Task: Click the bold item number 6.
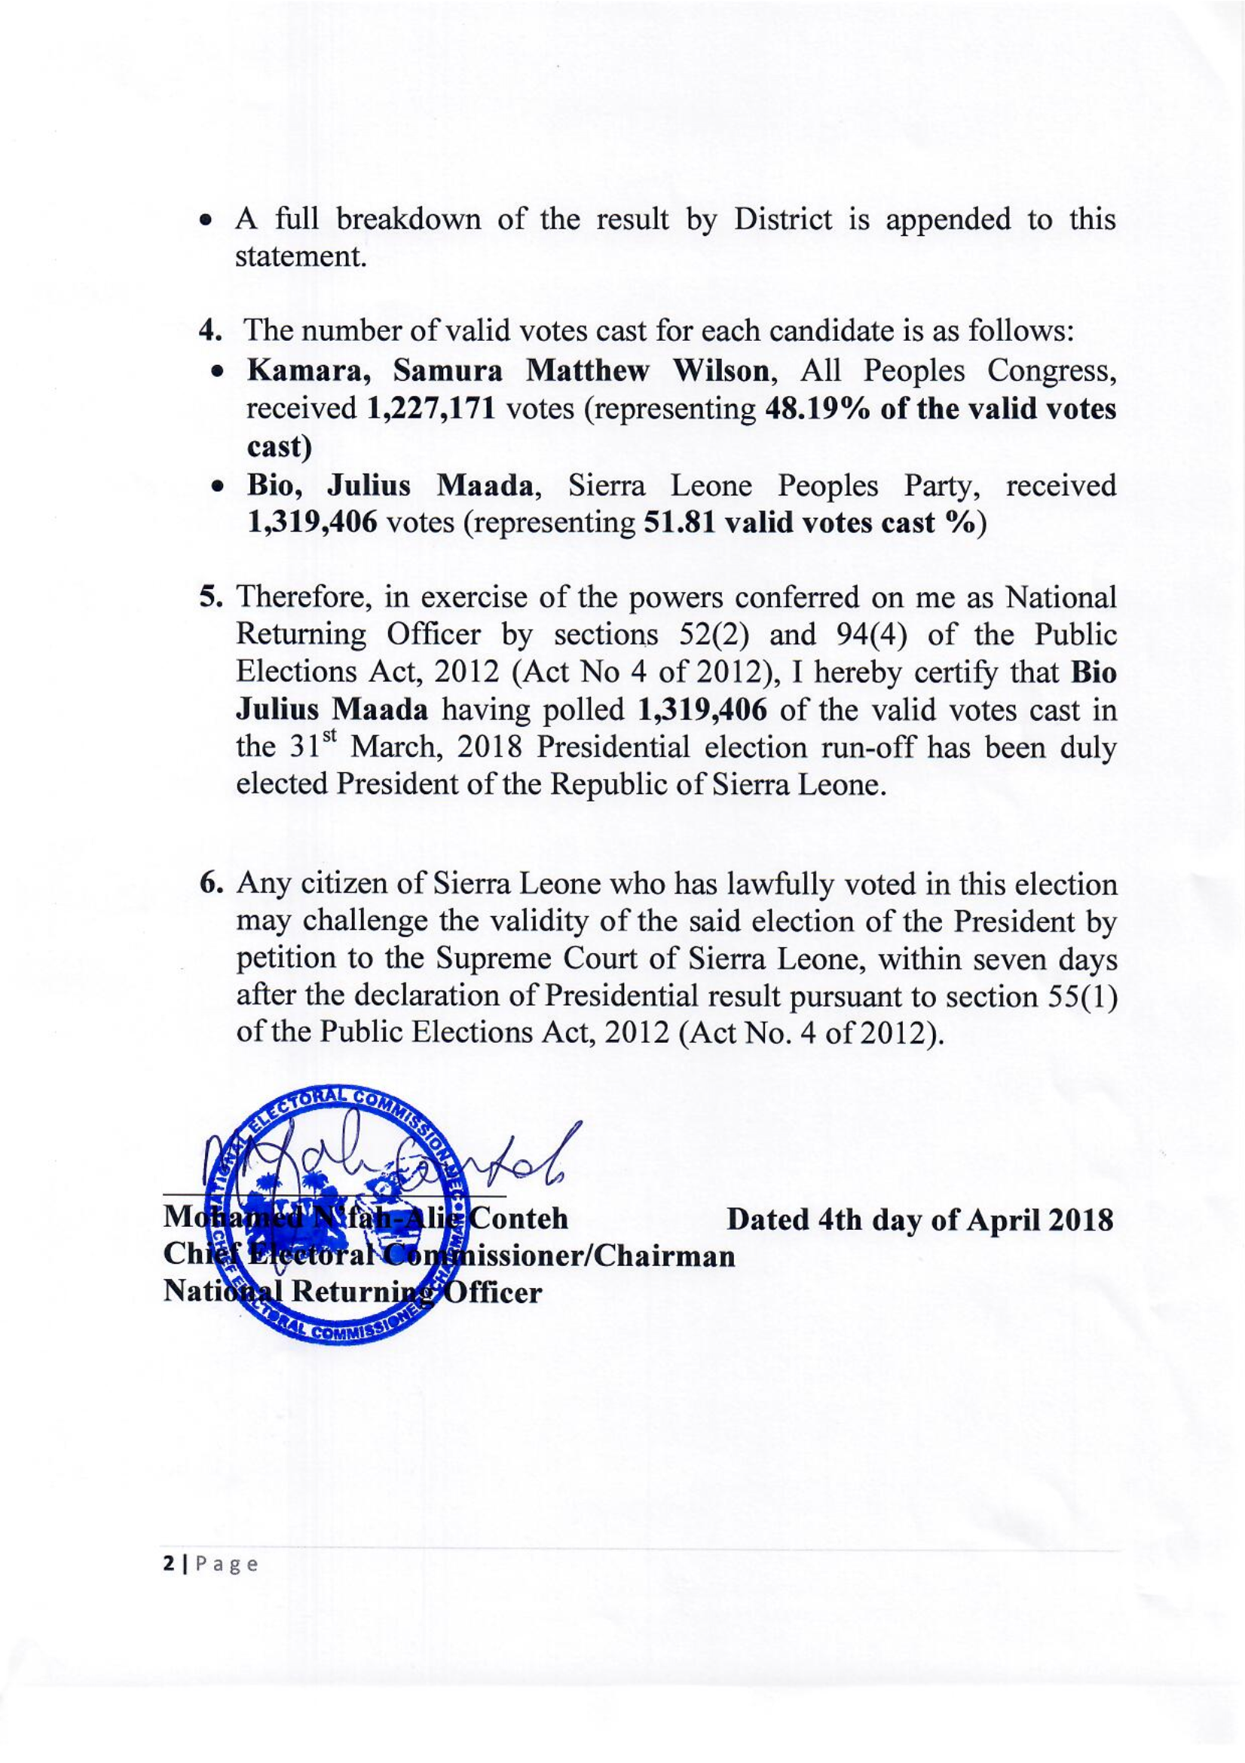click(210, 885)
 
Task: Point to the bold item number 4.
click(210, 332)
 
